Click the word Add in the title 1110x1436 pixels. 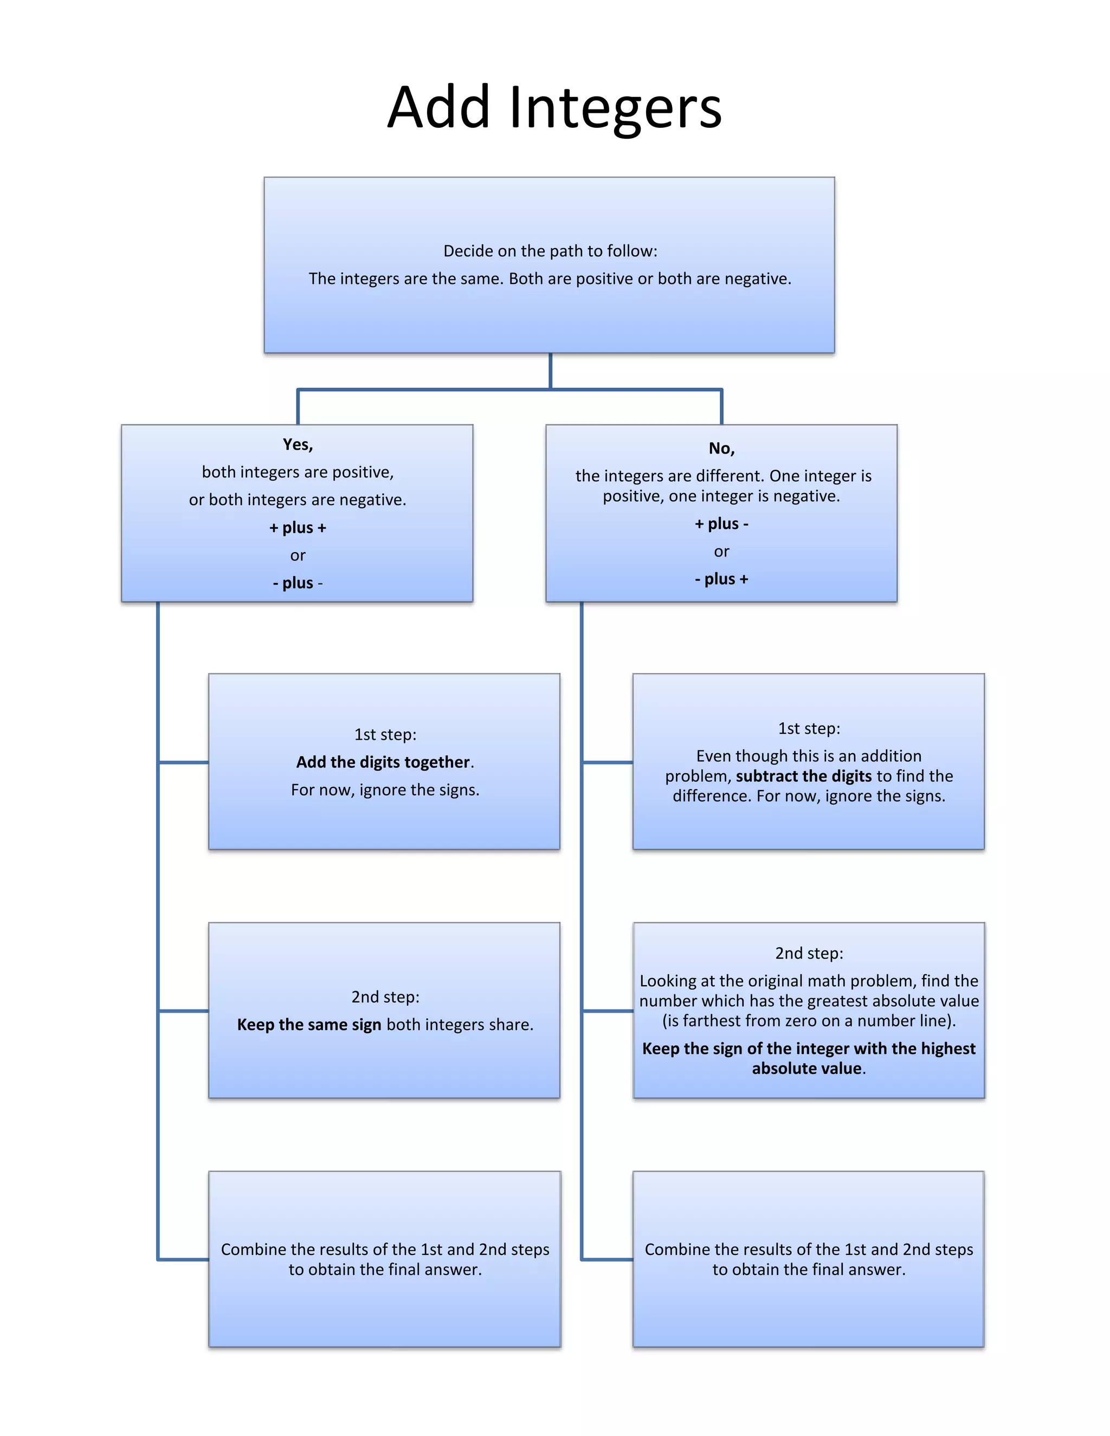[438, 107]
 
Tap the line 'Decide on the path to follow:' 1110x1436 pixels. [550, 251]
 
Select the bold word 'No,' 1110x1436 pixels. [721, 449]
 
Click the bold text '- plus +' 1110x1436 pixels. [721, 579]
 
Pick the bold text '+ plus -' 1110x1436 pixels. [721, 524]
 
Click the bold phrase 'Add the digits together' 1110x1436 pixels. [383, 762]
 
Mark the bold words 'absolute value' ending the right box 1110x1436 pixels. [806, 1069]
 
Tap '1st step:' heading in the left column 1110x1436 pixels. [385, 734]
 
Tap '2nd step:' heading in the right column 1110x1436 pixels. [809, 953]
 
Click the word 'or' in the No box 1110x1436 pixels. [721, 552]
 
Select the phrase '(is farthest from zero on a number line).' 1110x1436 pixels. [809, 1021]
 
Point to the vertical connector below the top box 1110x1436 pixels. [551, 371]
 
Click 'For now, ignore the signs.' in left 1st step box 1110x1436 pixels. [385, 790]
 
